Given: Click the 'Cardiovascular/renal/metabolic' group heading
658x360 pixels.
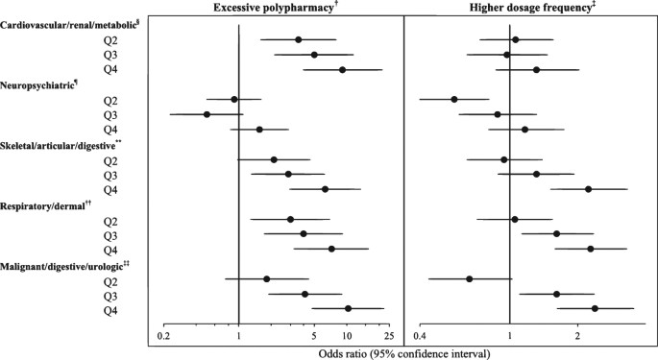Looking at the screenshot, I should [70, 24].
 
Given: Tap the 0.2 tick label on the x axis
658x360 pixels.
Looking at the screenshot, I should [163, 335].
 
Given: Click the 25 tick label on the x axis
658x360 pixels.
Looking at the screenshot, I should [389, 335].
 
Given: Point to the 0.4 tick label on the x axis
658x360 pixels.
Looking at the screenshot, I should [420, 335].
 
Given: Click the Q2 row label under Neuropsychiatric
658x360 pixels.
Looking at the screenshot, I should [110, 100].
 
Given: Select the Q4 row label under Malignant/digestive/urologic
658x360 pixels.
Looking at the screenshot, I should [110, 310].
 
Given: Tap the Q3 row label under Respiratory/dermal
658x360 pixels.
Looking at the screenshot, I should [110, 235].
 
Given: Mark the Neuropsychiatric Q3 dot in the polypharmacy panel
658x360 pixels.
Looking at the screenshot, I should [207, 114].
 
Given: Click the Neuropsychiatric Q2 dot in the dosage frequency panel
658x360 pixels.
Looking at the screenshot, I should [453, 99].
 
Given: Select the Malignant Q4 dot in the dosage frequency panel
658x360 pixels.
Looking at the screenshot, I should [595, 308].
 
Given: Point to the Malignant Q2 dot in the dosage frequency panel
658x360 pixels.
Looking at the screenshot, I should [469, 278].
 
